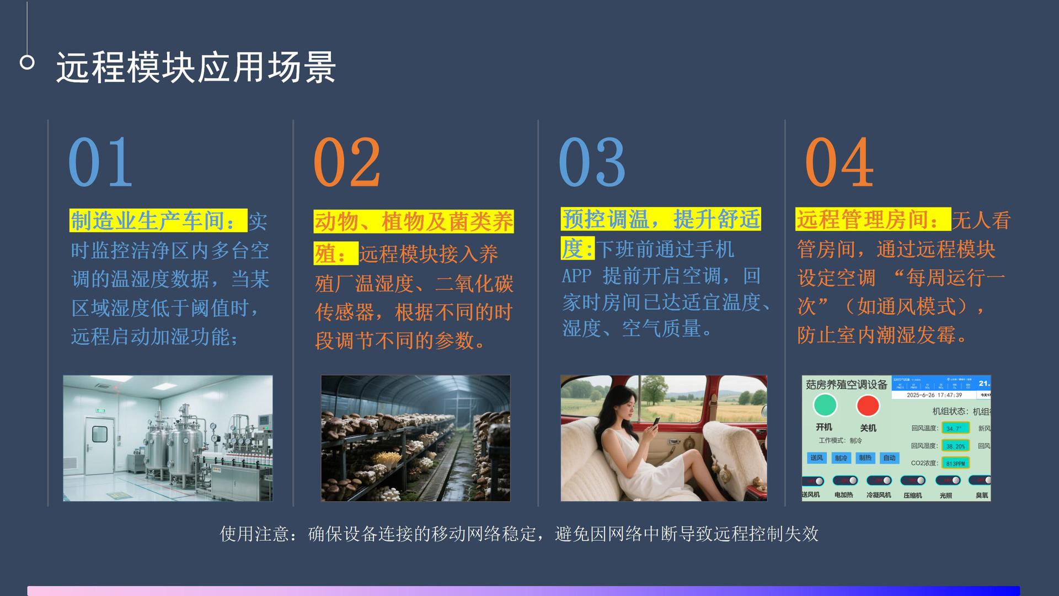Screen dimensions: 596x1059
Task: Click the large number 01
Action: click(x=100, y=162)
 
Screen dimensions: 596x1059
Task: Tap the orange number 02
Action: click(x=347, y=162)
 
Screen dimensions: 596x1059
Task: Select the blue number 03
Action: click(x=592, y=162)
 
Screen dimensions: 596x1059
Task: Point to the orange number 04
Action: click(x=839, y=162)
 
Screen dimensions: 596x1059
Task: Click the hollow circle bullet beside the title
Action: click(x=27, y=62)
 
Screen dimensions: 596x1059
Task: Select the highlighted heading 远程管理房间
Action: click(x=873, y=220)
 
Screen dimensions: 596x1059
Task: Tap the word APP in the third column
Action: click(x=576, y=275)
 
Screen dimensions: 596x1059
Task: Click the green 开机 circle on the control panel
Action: click(x=825, y=405)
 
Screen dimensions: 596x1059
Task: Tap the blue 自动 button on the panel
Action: click(x=889, y=457)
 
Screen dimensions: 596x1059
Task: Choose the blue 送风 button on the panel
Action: click(x=816, y=457)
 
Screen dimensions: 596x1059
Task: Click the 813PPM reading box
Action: click(x=955, y=463)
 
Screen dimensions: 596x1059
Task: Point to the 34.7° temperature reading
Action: click(x=955, y=428)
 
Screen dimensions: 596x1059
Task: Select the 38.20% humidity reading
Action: click(x=955, y=446)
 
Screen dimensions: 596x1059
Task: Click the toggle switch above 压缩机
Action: click(x=913, y=481)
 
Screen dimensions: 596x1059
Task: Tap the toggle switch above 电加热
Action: click(x=845, y=481)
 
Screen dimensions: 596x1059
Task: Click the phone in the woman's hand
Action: click(x=656, y=422)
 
